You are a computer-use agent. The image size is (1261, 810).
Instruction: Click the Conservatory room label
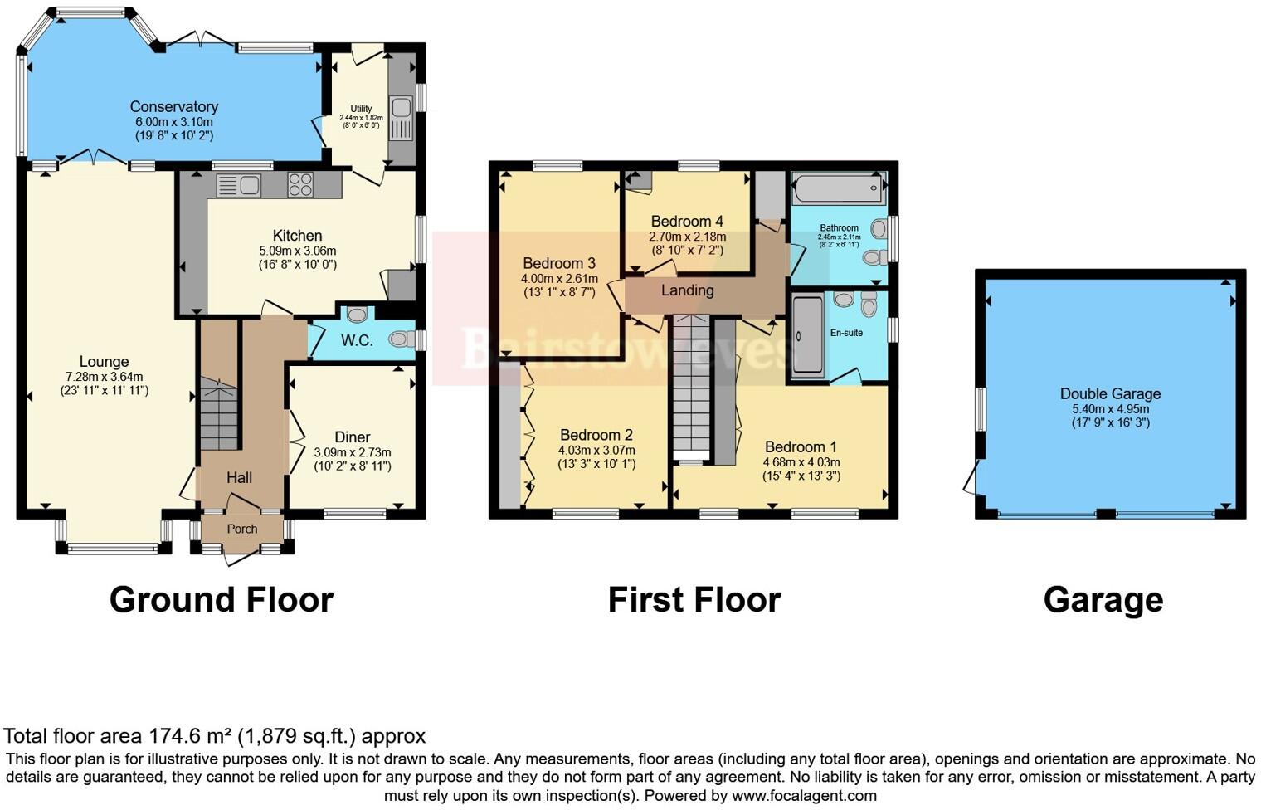coord(174,106)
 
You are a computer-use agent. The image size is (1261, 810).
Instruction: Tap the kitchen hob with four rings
coord(300,184)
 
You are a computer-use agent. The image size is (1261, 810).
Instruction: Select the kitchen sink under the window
coord(240,185)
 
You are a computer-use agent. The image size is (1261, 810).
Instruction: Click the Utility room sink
coord(401,109)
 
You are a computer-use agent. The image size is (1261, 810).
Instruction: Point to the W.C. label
coord(357,340)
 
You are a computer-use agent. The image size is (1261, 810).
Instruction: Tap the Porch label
coord(242,529)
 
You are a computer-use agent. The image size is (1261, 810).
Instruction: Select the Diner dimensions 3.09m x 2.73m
coord(353,452)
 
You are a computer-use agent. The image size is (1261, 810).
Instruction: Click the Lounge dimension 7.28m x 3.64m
coord(105,376)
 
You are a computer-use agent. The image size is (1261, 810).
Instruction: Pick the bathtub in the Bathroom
coord(838,190)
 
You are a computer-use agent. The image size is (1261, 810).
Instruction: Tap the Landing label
coord(687,290)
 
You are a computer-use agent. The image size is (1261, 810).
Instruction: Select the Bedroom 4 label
coord(687,221)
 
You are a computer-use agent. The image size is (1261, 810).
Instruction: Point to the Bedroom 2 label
coord(596,435)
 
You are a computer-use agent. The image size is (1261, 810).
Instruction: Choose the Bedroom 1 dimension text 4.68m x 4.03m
coord(801,462)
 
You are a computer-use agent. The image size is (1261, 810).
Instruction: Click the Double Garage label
coord(1110,393)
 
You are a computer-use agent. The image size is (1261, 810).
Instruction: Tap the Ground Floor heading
coord(222,599)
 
